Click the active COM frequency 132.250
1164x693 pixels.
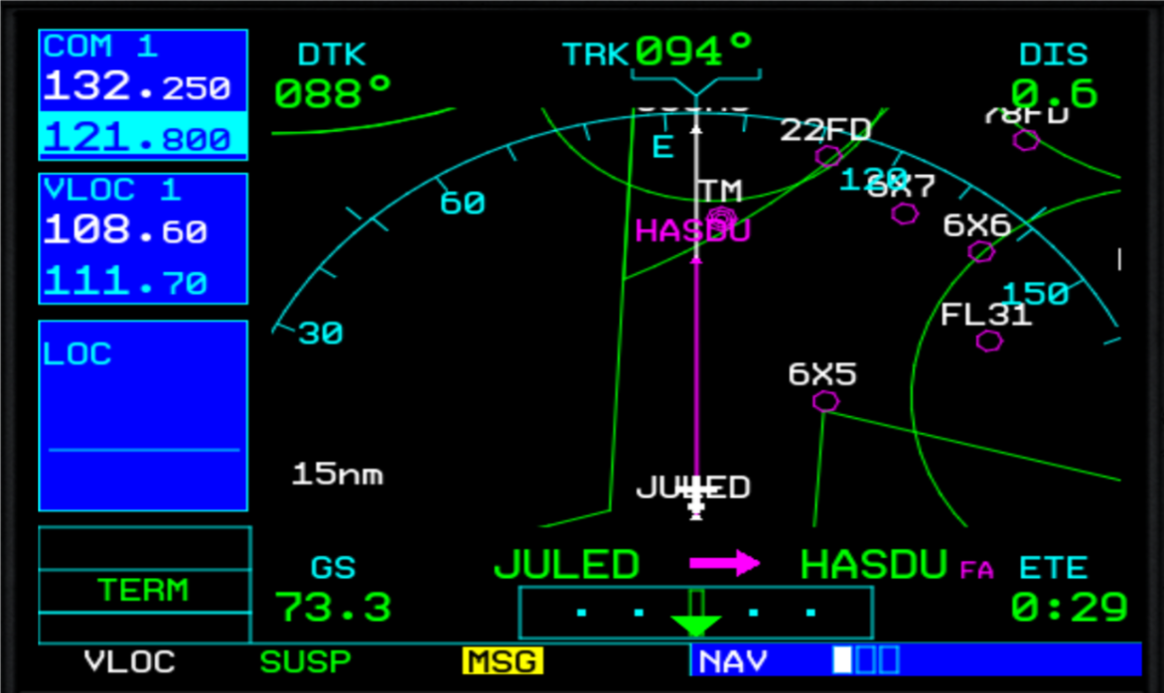[x=137, y=88]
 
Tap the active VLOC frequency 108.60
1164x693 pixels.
[x=125, y=232]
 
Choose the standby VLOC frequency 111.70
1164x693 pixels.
[x=125, y=283]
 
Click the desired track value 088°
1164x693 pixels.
[x=333, y=94]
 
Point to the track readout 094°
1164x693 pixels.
[x=694, y=49]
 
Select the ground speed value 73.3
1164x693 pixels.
[x=333, y=607]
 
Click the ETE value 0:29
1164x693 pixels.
[x=1069, y=607]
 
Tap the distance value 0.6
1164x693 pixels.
[x=1055, y=94]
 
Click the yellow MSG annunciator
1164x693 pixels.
[x=503, y=661]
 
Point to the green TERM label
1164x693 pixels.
[x=143, y=591]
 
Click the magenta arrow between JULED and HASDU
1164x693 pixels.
[x=724, y=564]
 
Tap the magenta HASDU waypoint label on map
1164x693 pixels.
[x=692, y=231]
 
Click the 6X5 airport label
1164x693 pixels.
[x=821, y=374]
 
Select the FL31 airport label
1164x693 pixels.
[x=986, y=316]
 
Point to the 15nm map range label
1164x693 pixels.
[x=338, y=474]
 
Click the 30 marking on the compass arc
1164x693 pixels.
[x=320, y=334]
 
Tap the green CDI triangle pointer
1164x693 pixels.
[x=695, y=625]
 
